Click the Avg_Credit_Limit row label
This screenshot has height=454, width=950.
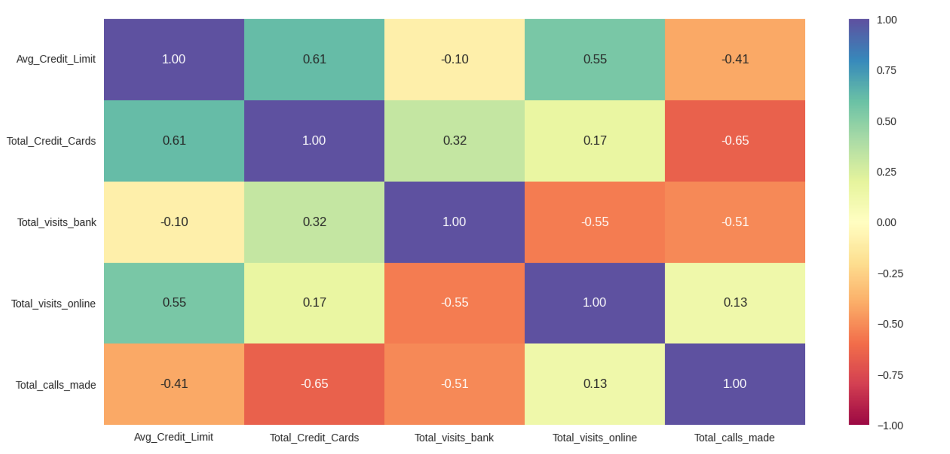(56, 59)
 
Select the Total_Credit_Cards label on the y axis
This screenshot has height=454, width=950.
(51, 141)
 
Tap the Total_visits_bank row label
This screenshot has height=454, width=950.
(56, 222)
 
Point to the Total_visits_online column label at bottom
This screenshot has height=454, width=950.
(595, 438)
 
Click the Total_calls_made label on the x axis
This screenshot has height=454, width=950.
(734, 438)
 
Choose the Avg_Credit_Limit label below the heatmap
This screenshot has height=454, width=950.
(174, 437)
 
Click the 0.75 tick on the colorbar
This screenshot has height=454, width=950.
(886, 71)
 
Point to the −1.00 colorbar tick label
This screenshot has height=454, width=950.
(890, 426)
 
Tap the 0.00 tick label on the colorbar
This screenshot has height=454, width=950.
(886, 222)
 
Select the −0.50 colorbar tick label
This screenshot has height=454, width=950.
(890, 324)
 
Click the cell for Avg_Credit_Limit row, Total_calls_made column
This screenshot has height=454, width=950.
(735, 59)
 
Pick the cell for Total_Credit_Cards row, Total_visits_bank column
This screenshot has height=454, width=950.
(454, 141)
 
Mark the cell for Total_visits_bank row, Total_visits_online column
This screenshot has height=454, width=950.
(595, 222)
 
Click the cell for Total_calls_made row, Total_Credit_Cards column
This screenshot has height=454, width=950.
(314, 384)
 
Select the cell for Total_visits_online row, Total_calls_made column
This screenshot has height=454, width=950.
(735, 303)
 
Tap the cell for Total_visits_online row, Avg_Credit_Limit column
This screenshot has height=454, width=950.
(174, 303)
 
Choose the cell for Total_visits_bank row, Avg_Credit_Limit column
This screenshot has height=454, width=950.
(174, 222)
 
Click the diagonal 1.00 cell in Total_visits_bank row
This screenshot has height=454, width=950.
(454, 222)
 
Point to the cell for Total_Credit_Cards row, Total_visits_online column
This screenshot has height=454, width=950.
(595, 141)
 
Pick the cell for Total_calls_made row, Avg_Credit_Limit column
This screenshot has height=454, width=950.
(174, 384)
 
